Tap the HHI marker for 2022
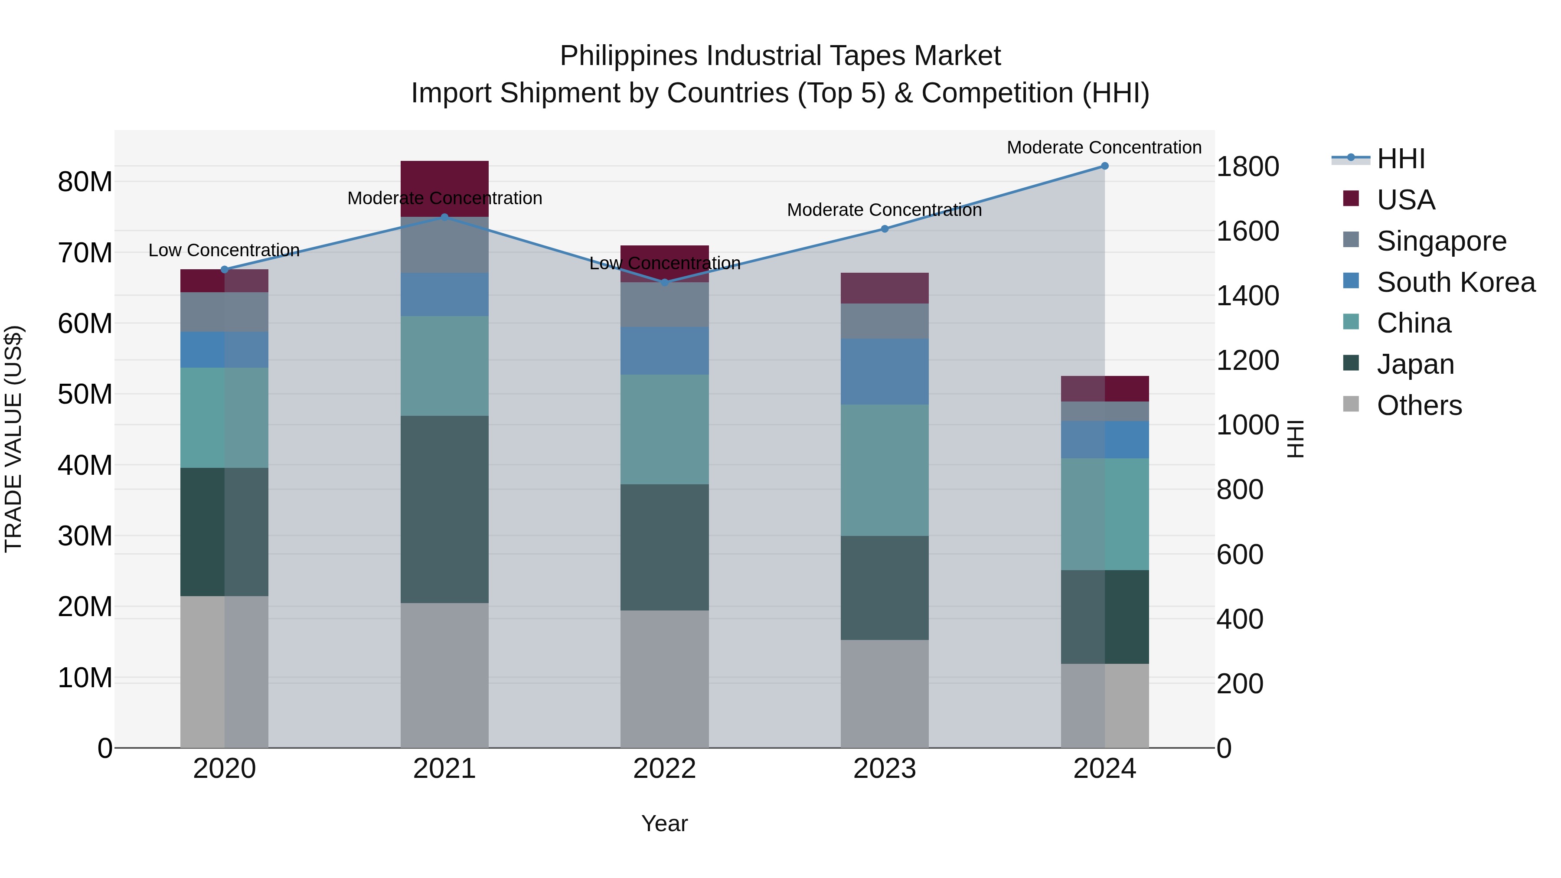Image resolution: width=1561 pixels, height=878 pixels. pyautogui.click(x=664, y=282)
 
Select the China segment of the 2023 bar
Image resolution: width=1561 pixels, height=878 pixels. pyautogui.click(x=884, y=470)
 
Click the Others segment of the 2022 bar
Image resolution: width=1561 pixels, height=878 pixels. pyautogui.click(x=664, y=679)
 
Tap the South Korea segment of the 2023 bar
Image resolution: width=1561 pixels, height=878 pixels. pyautogui.click(x=884, y=372)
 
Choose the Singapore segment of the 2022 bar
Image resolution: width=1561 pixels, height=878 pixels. pyautogui.click(x=664, y=305)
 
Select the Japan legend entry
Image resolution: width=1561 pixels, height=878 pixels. pyautogui.click(x=1415, y=364)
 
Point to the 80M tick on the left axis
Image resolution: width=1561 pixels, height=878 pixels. pyautogui.click(x=85, y=182)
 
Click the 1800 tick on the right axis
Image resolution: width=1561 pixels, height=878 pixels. pyautogui.click(x=1247, y=166)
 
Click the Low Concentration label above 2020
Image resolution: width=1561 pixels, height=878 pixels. pyautogui.click(x=224, y=250)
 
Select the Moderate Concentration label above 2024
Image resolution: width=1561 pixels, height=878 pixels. pyautogui.click(x=1104, y=147)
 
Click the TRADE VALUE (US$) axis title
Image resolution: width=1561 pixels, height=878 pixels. pyautogui.click(x=13, y=439)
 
